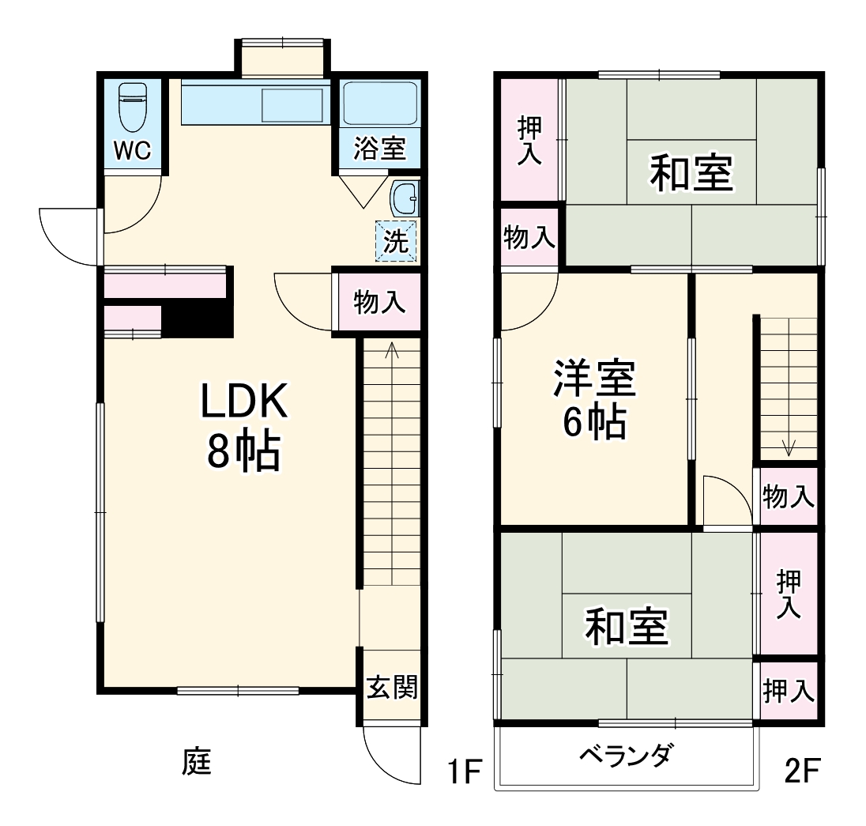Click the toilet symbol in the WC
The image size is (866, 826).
[132, 108]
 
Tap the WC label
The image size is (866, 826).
[132, 151]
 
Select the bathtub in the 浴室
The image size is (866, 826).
[380, 103]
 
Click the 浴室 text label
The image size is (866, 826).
[380, 149]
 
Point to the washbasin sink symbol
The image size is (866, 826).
[405, 197]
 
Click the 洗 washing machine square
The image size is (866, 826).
[394, 240]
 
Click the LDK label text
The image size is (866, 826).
[243, 404]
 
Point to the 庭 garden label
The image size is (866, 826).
[197, 763]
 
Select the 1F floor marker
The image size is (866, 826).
[462, 770]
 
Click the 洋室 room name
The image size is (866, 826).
[594, 379]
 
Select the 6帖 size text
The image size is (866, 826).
[594, 424]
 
